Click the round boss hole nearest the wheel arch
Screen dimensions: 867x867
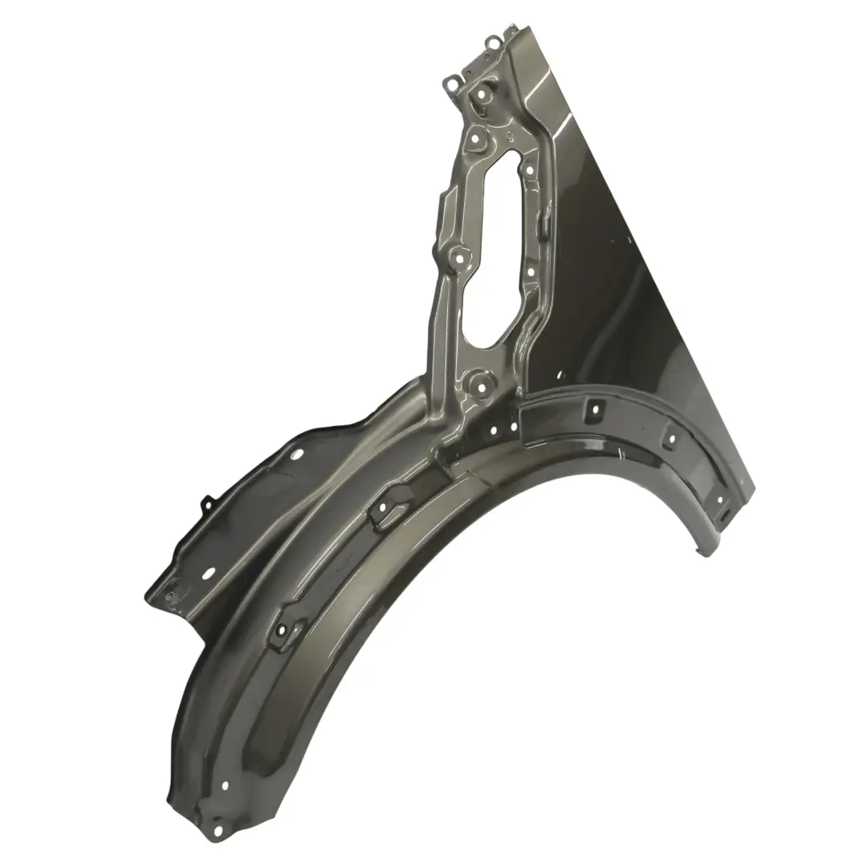482,386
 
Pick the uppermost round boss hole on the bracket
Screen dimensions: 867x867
482,95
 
